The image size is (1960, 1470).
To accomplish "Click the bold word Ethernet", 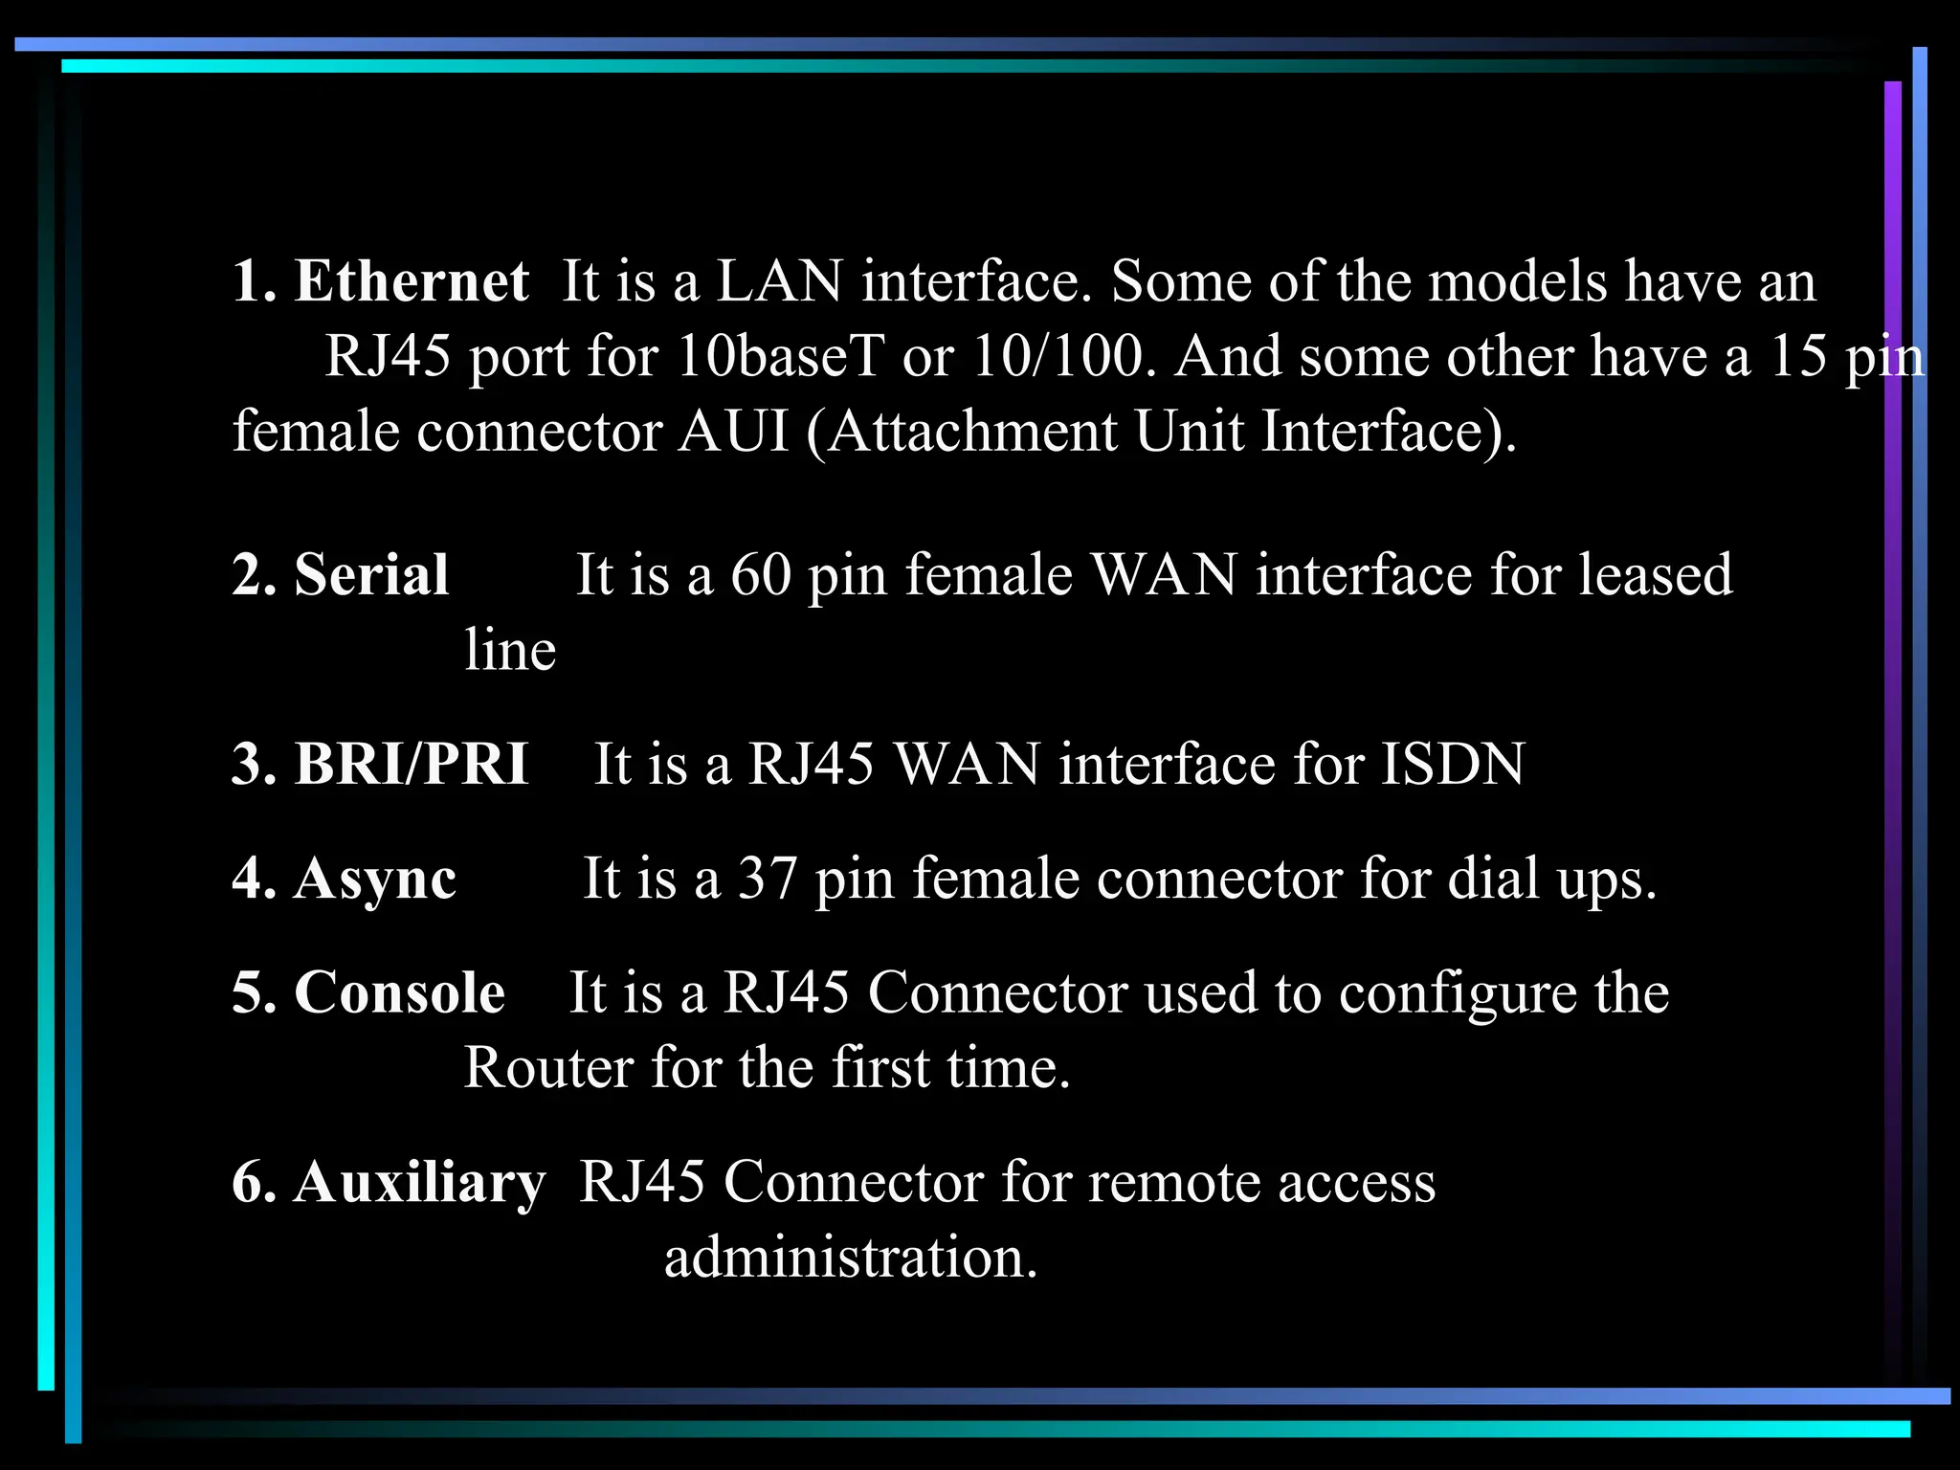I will [411, 281].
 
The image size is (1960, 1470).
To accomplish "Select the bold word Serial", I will [371, 575].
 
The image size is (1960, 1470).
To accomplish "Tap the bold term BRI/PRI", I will [412, 765].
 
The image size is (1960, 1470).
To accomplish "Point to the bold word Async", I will [375, 879].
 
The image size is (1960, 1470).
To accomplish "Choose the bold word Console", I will [399, 992].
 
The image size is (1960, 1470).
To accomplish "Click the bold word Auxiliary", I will [419, 1182].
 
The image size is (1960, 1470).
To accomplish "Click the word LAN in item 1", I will [779, 281].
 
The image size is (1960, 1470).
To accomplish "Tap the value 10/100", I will [1058, 356].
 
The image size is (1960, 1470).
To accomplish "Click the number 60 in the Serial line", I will [761, 575].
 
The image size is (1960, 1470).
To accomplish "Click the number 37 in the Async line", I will [768, 879].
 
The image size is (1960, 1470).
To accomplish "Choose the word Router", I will [547, 1067].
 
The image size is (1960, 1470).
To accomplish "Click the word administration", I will [851, 1257].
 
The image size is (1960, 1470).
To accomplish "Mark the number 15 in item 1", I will [1798, 356].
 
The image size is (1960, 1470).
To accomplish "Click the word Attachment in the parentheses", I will [971, 431].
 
